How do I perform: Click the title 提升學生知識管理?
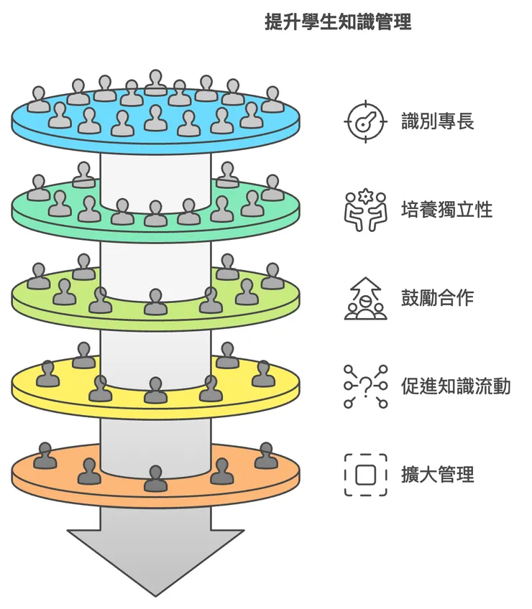[338, 22]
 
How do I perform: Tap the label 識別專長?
[437, 120]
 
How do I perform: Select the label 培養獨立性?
[446, 209]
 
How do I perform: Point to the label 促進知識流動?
[456, 386]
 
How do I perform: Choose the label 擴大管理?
[437, 475]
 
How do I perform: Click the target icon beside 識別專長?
[366, 120]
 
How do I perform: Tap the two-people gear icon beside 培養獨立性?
[366, 209]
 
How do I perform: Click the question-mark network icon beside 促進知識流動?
[366, 386]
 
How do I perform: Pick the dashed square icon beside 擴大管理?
[366, 475]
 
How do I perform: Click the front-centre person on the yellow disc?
[155, 391]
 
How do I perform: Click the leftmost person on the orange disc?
[45, 455]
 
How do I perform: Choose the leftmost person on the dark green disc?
[39, 188]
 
